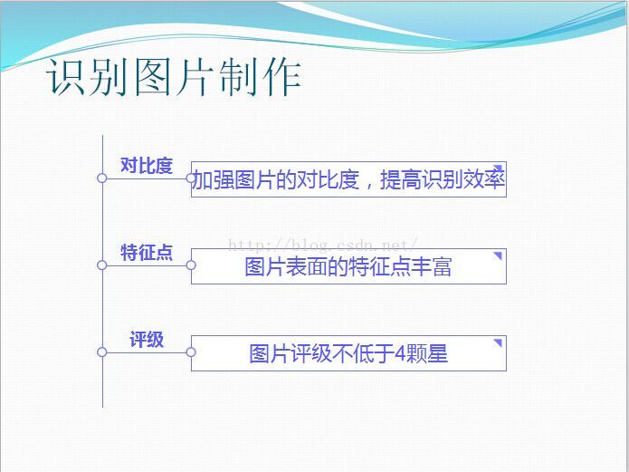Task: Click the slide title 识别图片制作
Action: tap(173, 77)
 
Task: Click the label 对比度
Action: tap(147, 166)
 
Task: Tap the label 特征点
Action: tap(147, 252)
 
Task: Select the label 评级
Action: tap(147, 340)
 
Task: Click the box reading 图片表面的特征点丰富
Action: tap(348, 266)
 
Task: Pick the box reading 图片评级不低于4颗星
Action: tap(348, 353)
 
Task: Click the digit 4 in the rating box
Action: tap(400, 354)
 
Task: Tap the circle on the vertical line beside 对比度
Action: tap(102, 178)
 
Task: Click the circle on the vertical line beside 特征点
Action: tap(102, 265)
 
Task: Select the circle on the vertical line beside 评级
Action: tap(102, 352)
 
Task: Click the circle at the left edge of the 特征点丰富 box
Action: tap(191, 265)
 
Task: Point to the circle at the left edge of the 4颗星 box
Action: tap(191, 352)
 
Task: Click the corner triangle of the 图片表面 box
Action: tap(499, 255)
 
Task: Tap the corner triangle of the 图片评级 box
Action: tap(499, 342)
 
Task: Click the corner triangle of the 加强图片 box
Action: tap(499, 168)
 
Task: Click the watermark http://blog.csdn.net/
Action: tap(323, 245)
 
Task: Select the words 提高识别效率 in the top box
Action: tap(442, 179)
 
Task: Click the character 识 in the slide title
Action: tap(67, 77)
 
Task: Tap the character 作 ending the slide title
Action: tap(281, 77)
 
